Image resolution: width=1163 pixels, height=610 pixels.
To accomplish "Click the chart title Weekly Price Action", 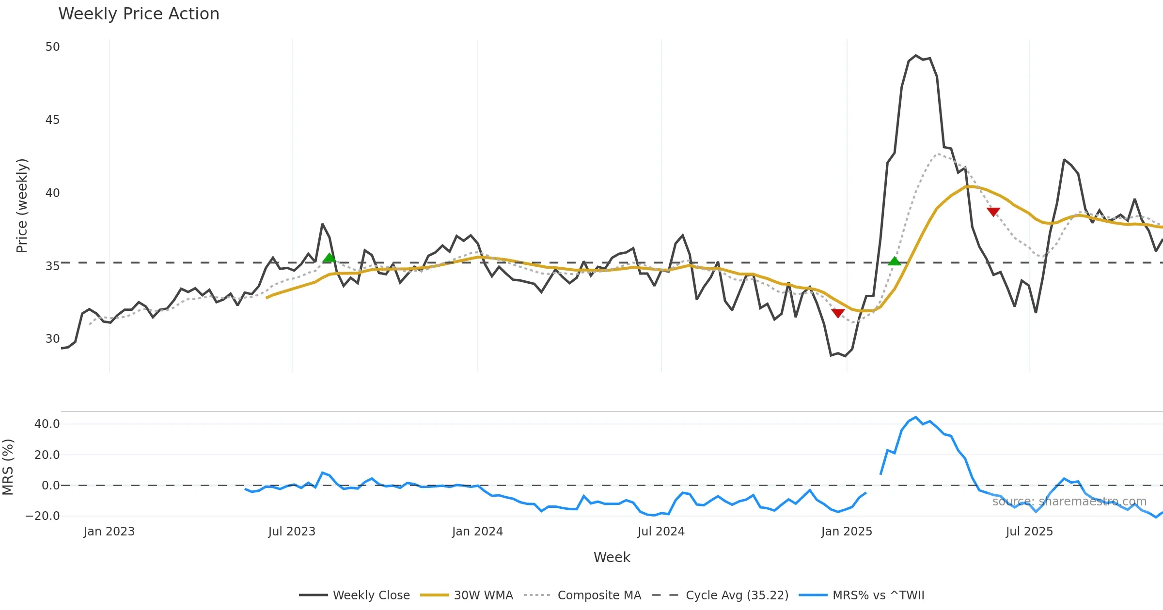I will coord(139,14).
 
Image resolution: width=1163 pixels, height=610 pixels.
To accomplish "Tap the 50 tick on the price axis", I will coord(52,47).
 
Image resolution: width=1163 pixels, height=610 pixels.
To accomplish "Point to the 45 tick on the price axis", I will coord(52,120).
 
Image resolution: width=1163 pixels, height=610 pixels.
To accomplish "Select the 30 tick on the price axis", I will coord(52,339).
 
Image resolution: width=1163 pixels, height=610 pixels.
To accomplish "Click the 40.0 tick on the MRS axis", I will coord(47,424).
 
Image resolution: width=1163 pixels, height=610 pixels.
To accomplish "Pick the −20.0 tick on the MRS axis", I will coord(43,516).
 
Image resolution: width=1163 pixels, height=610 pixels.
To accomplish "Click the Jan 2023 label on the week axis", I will coord(109,532).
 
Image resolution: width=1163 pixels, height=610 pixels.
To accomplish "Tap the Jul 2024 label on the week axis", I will coord(661,532).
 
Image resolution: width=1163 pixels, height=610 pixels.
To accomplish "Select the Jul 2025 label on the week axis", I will coord(1029,532).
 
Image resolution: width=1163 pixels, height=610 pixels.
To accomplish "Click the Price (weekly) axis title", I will coord(22,206).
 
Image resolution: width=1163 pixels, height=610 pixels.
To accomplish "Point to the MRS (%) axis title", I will coord(8,467).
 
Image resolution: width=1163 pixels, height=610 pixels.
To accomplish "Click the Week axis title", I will coord(612,558).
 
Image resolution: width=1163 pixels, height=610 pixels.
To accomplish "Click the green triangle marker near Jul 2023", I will coord(330,258).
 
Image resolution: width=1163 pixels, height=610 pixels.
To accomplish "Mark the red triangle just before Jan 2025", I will coord(838,313).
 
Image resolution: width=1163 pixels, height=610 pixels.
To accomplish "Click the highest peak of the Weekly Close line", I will coord(916,56).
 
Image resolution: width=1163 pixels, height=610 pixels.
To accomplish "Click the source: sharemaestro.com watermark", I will coord(1069,502).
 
